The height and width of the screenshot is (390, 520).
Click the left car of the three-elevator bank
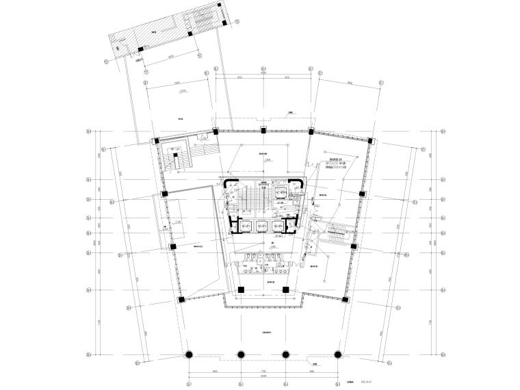[244, 225]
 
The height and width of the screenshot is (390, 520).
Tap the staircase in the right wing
[336, 234]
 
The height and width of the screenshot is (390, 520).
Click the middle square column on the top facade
[263, 131]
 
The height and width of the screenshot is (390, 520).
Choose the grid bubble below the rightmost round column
[337, 378]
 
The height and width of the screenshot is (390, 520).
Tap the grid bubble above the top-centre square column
[263, 69]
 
